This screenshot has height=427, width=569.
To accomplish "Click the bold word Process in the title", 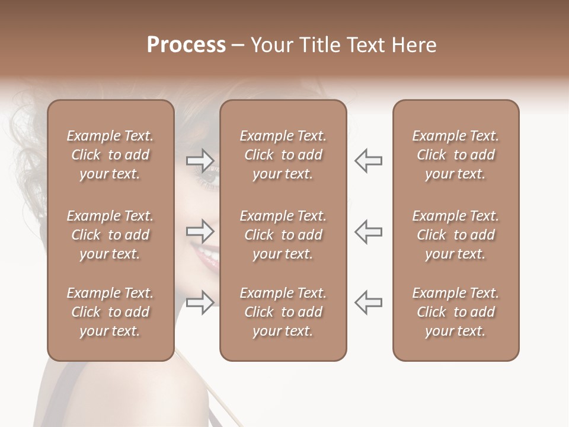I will [x=186, y=45].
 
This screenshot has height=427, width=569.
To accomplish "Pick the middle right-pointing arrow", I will [x=200, y=231].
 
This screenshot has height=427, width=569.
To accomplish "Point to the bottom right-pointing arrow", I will [x=200, y=302].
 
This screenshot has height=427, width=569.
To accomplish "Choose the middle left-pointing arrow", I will [x=368, y=231].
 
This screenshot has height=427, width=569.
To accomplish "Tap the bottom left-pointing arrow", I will [x=368, y=302].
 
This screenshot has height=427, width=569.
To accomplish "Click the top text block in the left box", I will [x=110, y=155].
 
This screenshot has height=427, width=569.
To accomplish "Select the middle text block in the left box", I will [x=110, y=235].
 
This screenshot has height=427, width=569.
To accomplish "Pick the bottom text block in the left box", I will [x=110, y=312].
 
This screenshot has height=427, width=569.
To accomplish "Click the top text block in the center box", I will [x=283, y=155].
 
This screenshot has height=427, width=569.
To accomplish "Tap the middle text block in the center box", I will [x=283, y=235].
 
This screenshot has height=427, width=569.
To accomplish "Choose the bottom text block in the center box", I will [x=283, y=312].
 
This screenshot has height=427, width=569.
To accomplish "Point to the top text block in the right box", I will [x=455, y=155].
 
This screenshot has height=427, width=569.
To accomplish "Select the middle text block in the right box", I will [x=455, y=235].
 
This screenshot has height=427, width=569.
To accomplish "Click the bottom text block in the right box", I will [x=455, y=312].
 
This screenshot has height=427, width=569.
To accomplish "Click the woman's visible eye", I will [x=211, y=175].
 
